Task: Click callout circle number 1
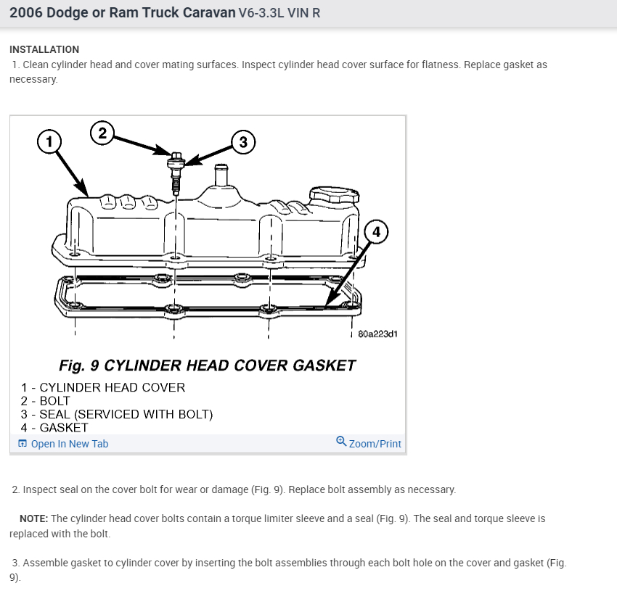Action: pos(49,141)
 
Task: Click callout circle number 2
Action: pos(102,132)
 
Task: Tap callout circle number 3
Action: pos(243,141)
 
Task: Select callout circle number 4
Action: pos(375,232)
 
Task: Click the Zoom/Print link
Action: pos(375,444)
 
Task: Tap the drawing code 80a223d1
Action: pos(377,334)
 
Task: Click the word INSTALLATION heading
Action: pos(44,49)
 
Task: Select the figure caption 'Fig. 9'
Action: pos(81,365)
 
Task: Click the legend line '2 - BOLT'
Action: pos(46,401)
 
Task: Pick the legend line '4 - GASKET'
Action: pos(54,427)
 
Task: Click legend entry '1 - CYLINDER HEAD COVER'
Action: pos(103,387)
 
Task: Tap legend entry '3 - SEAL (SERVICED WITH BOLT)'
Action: pos(117,414)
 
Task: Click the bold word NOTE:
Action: pos(33,518)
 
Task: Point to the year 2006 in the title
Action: pos(27,13)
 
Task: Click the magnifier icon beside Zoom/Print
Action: pos(341,442)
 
